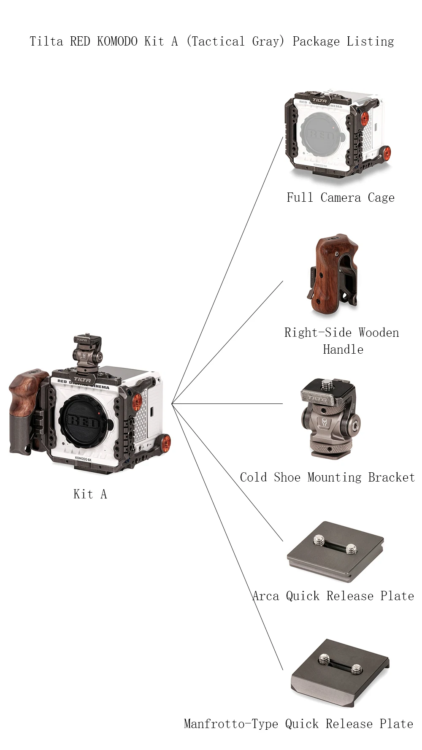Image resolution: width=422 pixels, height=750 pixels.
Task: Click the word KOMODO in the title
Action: [117, 41]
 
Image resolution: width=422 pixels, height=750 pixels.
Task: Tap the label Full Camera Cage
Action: [341, 198]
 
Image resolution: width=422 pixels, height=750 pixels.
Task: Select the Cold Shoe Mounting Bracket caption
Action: [327, 477]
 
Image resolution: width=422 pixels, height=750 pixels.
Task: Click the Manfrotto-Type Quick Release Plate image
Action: [340, 674]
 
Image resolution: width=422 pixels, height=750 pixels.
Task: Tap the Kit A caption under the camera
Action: [90, 494]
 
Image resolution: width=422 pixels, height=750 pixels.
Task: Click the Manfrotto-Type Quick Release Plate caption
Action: [298, 724]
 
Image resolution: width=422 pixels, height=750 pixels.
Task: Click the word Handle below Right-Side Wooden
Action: [343, 349]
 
